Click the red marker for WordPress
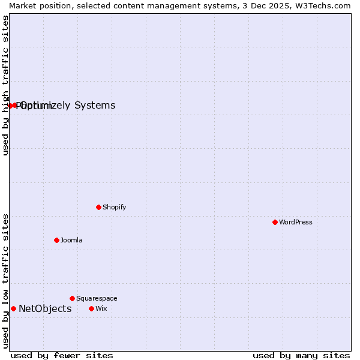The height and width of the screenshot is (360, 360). point(275,222)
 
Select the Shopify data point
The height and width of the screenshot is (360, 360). point(98,207)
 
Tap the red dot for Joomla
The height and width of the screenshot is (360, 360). point(56,240)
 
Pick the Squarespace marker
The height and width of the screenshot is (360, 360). point(72,298)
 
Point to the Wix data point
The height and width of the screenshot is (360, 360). point(91,308)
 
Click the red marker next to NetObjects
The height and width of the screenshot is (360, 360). point(13,308)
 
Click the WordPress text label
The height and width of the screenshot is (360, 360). point(296,222)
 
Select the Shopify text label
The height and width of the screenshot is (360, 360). point(114,207)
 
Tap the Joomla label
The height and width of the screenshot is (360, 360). point(71,240)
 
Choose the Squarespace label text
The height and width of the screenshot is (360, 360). point(97,298)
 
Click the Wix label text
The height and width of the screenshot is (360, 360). point(101,308)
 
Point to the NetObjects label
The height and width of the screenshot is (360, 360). point(45,308)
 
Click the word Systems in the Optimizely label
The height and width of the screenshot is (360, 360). point(95,106)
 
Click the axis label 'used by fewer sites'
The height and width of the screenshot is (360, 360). point(62,355)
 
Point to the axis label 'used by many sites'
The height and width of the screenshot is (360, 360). point(301,355)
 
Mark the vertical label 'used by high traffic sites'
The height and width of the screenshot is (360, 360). point(5,85)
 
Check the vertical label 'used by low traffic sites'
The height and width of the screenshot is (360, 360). point(5,281)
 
